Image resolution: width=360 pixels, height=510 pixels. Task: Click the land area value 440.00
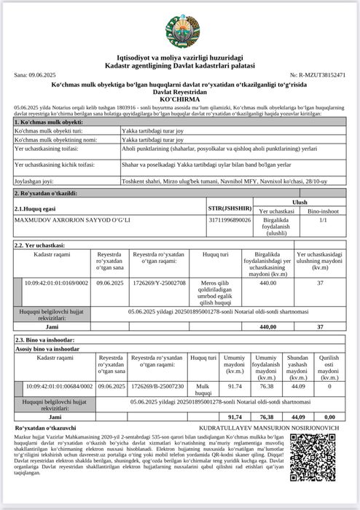(x=268, y=282)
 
